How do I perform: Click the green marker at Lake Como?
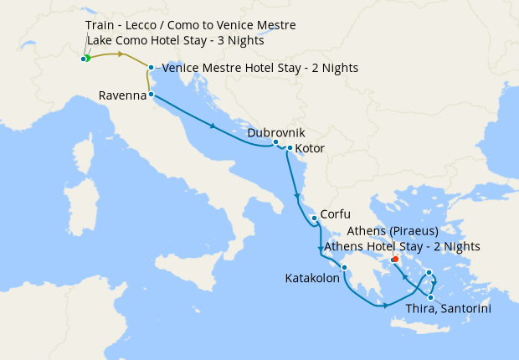click(x=86, y=58)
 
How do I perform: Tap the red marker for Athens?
click(x=394, y=259)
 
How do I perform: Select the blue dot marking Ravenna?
click(x=151, y=95)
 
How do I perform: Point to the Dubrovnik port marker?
click(x=275, y=142)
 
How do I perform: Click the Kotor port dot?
click(x=290, y=149)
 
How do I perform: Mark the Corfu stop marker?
click(x=314, y=219)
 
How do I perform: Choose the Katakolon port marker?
click(x=344, y=268)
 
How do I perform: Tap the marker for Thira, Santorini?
click(x=431, y=297)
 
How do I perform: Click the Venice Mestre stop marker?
click(x=151, y=67)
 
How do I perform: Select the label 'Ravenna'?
click(x=122, y=96)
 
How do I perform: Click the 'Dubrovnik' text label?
click(x=276, y=132)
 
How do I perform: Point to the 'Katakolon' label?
click(x=311, y=278)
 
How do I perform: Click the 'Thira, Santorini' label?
click(x=448, y=309)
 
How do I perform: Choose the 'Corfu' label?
click(x=335, y=214)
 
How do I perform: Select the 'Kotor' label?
click(x=310, y=150)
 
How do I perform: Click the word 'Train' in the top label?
click(x=100, y=26)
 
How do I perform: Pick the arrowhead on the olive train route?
click(x=123, y=54)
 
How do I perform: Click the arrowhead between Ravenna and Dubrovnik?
click(x=215, y=127)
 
